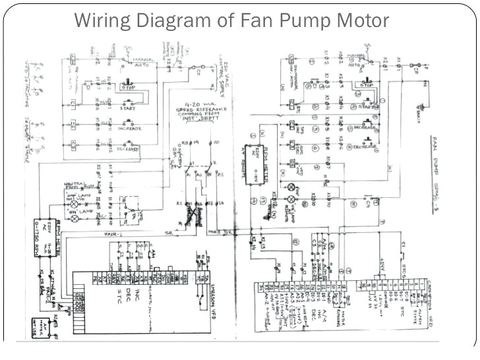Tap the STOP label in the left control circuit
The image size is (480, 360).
point(129,86)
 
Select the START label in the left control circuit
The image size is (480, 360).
point(129,109)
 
